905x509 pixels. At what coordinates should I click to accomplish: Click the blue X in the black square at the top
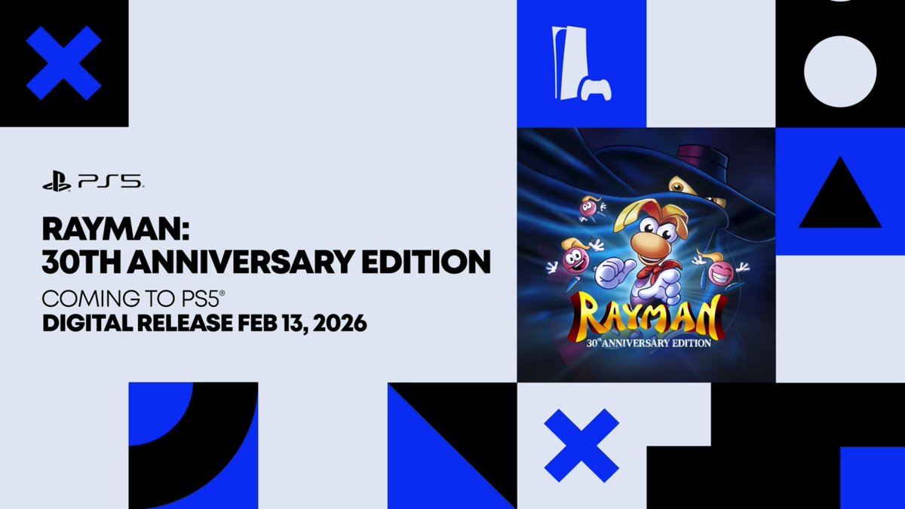(64, 63)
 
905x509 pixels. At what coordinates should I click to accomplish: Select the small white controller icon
(595, 89)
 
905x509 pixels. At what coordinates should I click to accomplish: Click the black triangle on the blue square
(840, 196)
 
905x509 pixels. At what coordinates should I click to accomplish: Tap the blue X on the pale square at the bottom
(581, 445)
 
